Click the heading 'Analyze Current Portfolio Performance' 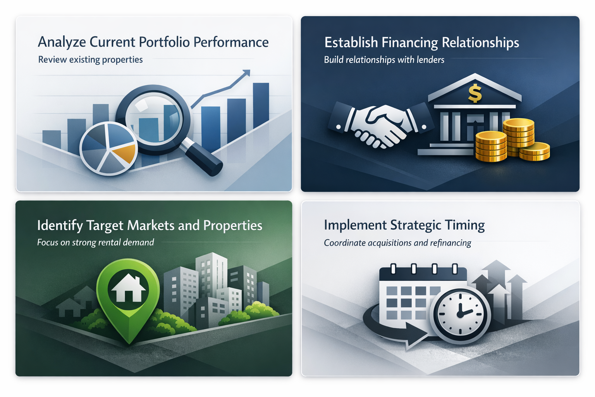(x=153, y=42)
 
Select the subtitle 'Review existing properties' (x=90, y=60)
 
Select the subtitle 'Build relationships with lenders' (x=384, y=60)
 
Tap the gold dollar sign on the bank (x=475, y=93)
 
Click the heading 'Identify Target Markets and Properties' (x=150, y=225)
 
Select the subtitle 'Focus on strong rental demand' (x=95, y=243)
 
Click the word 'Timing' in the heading (x=464, y=225)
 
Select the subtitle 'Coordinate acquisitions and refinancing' (x=397, y=243)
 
